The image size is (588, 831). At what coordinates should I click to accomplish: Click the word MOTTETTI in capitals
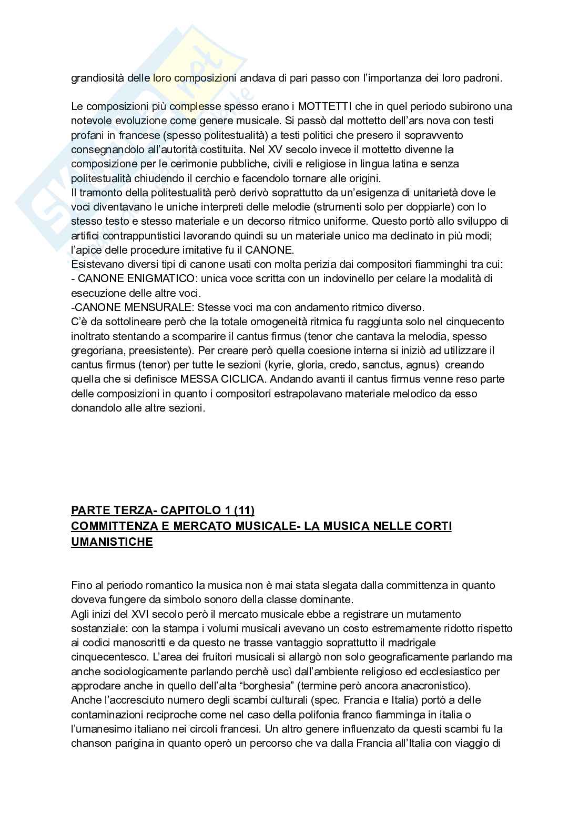click(x=321, y=106)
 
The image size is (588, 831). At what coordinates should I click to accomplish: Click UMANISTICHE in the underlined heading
click(x=111, y=542)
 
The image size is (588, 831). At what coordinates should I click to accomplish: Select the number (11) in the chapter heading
click(x=244, y=510)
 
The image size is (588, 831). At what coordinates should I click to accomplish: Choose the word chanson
click(x=90, y=743)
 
